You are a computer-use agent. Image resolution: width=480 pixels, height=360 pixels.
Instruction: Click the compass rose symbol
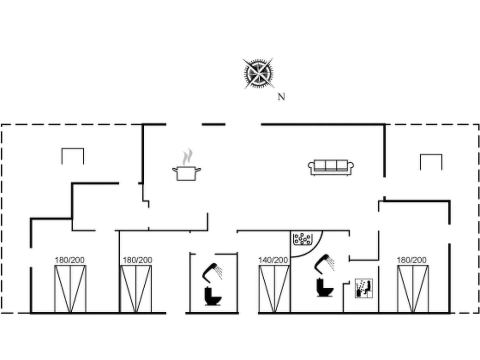point(259,73)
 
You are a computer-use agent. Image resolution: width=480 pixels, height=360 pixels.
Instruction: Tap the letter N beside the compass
point(281,97)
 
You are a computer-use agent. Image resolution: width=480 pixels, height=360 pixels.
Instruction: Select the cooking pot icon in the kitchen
point(187,173)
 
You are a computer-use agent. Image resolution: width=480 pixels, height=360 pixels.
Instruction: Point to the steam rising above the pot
point(188,157)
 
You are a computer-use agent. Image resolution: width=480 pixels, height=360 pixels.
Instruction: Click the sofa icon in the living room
point(331,167)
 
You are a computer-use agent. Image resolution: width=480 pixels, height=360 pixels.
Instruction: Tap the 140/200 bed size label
point(273,260)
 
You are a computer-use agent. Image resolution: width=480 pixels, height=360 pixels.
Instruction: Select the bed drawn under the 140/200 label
point(274,289)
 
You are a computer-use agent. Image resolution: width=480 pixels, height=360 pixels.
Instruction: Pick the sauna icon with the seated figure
point(364,288)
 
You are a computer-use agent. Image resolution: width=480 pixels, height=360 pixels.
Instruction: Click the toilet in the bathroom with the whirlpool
point(325,287)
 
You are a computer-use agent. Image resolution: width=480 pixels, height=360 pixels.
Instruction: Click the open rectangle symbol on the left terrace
point(73,149)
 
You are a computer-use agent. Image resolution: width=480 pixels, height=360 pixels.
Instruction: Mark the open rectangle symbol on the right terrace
point(431,155)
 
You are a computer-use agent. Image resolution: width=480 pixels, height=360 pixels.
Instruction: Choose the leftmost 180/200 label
point(70,260)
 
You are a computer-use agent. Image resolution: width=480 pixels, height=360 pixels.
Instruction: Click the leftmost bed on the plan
point(70,289)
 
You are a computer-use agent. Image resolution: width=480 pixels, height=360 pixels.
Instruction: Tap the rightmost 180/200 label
point(411,260)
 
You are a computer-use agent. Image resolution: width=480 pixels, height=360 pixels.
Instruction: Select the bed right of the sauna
point(413,289)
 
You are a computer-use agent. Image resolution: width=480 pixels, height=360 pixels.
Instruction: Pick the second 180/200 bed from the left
point(136,289)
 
